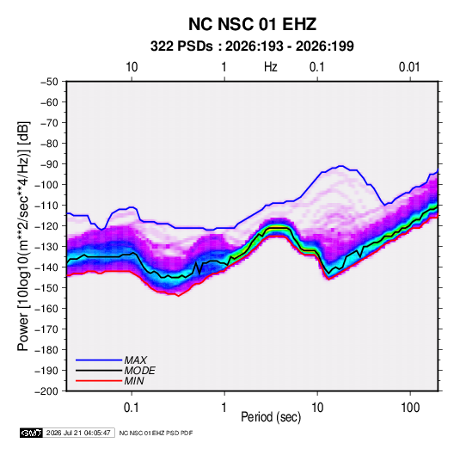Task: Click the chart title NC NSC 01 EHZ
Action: pos(252,24)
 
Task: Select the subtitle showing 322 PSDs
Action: pos(252,46)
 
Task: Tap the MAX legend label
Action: pos(135,360)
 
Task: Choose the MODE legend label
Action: pos(139,371)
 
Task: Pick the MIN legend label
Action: pos(134,381)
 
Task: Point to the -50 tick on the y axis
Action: pos(49,82)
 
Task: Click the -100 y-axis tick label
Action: pos(46,185)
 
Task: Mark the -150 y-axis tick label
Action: pos(46,288)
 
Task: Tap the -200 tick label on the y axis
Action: pos(46,391)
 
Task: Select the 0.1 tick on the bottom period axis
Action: pos(132,408)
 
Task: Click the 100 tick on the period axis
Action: pos(410,408)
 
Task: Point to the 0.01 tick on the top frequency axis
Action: pos(409,67)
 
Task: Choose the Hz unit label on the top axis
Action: pos(271,67)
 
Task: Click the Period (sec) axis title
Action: pos(271,417)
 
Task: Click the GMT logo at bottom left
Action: pos(32,433)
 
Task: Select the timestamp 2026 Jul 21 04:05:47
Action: pos(78,433)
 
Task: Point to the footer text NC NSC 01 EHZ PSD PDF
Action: pos(156,433)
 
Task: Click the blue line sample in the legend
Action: pos(99,360)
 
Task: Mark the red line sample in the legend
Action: pos(99,381)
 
